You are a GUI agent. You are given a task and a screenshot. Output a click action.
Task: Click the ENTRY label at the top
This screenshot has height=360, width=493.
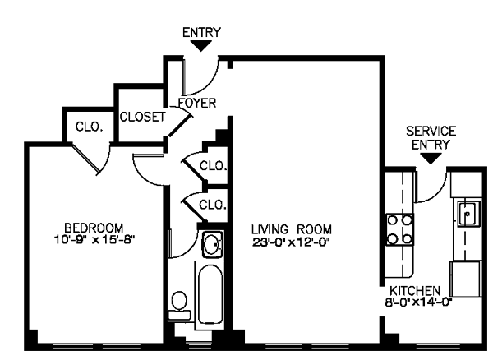(x=201, y=32)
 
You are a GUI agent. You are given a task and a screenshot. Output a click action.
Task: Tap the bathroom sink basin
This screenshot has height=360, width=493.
(x=211, y=244)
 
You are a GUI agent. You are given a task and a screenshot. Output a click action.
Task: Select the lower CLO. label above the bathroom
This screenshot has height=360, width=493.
(x=213, y=204)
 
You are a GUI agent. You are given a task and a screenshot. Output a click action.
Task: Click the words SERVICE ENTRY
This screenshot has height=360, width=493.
(x=431, y=137)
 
